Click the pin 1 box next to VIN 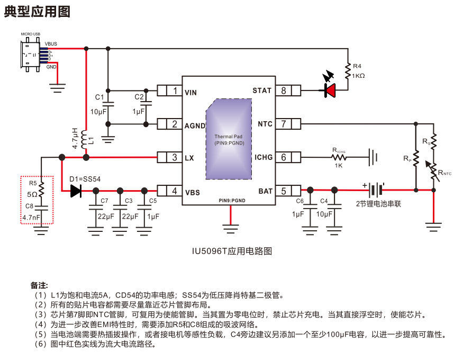pos(175,91)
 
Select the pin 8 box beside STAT pos(283,91)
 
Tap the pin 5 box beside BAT pos(283,191)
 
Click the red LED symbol pos(330,91)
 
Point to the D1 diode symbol pos(76,191)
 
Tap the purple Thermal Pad pos(229,139)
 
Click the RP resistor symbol pos(416,158)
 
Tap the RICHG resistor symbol pos(339,157)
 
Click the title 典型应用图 pos(37,12)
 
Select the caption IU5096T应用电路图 pos(232,251)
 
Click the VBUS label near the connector pos(51,44)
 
